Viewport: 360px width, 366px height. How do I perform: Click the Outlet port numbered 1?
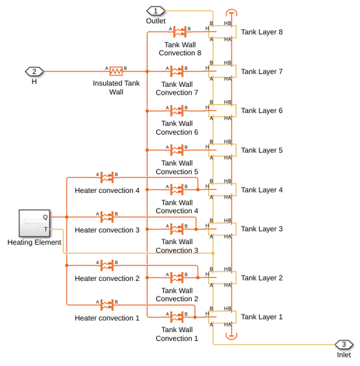pos(155,11)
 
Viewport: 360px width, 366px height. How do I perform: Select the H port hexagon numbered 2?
pos(34,72)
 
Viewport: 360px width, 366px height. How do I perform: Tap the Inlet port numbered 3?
pos(344,345)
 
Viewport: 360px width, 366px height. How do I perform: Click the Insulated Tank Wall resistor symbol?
pos(116,71)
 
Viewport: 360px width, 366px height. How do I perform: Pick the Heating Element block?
pos(35,223)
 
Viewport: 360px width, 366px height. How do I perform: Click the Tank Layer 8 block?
pos(222,32)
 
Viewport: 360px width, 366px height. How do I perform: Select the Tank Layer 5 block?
pos(222,150)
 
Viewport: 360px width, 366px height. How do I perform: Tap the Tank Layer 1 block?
pos(222,317)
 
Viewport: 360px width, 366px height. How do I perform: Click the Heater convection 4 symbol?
pos(107,178)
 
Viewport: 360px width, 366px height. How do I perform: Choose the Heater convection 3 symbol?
pos(107,217)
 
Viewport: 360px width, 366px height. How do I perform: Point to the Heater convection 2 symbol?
pos(107,266)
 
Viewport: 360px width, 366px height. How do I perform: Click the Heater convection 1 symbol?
pos(107,305)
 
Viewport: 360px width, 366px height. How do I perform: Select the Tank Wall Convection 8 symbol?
pos(180,32)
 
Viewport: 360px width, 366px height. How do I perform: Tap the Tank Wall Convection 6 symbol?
pos(177,110)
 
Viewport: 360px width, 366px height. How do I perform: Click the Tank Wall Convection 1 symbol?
pos(177,317)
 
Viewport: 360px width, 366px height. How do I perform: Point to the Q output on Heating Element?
pos(46,217)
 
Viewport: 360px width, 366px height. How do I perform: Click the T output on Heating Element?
pos(46,229)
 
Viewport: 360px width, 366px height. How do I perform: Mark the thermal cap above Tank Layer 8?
pos(231,13)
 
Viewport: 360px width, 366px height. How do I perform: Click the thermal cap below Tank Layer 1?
pos(231,336)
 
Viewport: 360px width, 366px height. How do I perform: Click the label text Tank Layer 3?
pos(262,229)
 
